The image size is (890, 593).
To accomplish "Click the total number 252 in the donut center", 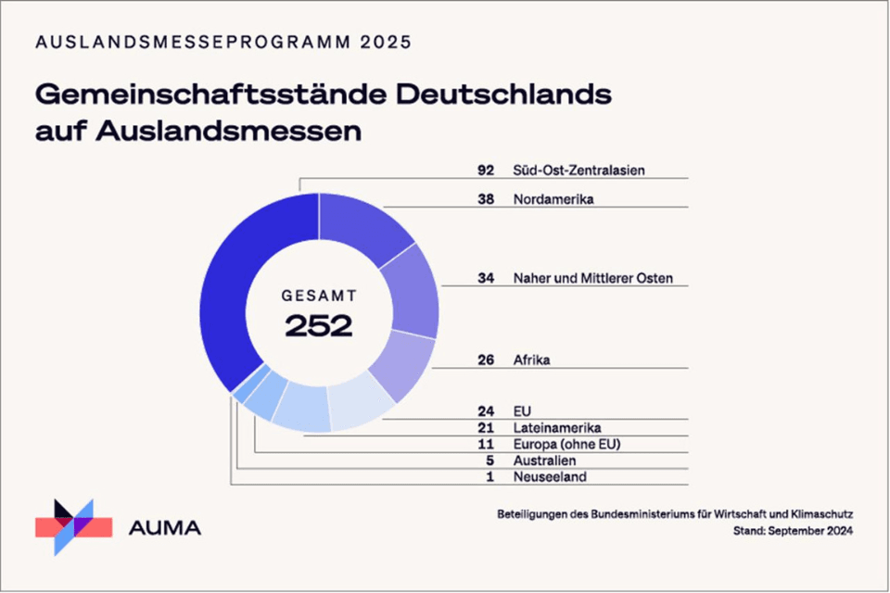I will (x=319, y=325).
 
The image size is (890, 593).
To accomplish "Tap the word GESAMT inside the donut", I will (x=319, y=296).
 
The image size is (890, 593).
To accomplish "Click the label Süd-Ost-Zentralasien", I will (x=578, y=170).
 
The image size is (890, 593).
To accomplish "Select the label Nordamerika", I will (x=553, y=199).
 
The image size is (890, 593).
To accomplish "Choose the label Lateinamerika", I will (x=557, y=427).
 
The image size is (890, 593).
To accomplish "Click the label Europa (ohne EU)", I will (x=566, y=444).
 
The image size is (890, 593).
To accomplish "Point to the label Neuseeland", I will (x=550, y=477).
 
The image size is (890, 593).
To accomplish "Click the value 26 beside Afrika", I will (x=486, y=360).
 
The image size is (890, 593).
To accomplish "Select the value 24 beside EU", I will (x=486, y=410).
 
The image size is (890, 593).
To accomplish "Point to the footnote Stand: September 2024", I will (x=793, y=531).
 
